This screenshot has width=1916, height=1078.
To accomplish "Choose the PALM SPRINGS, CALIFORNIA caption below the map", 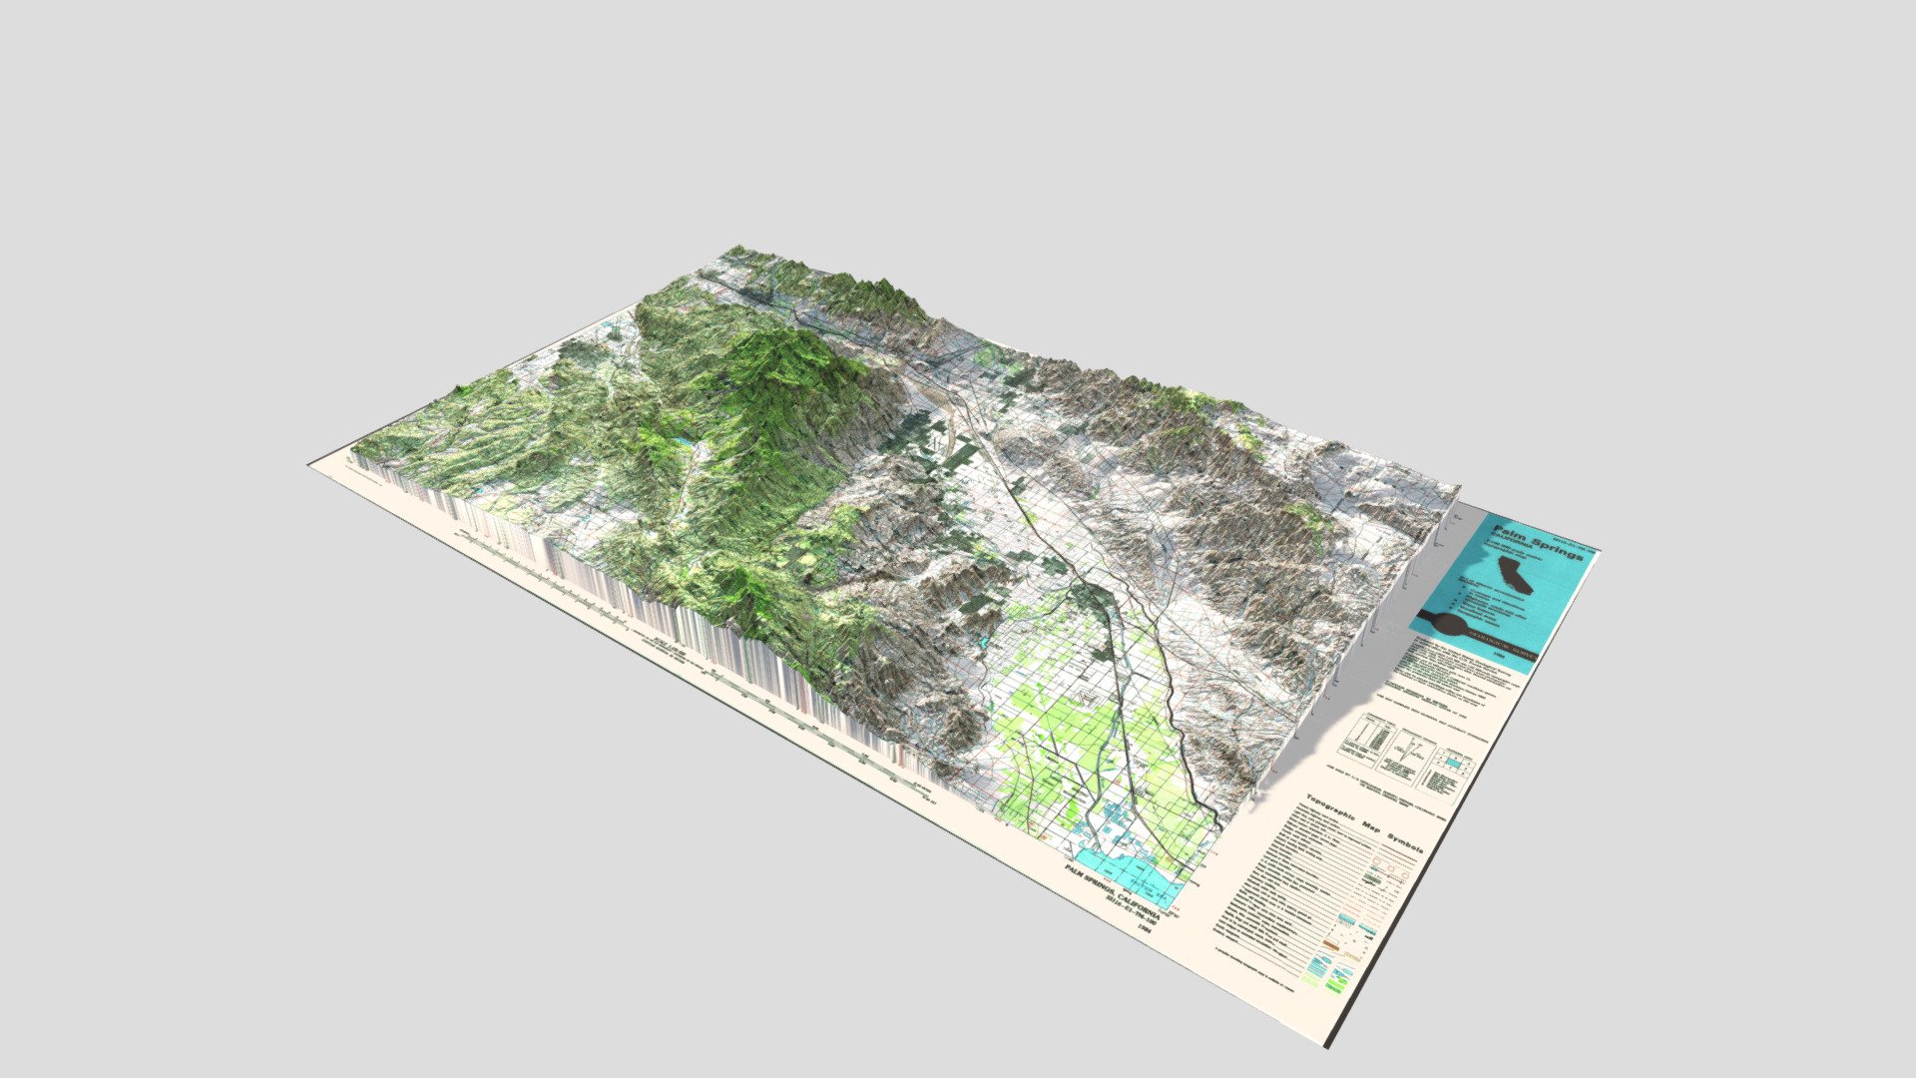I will coord(1110,891).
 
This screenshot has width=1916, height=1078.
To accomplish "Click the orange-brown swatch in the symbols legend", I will coord(1331,942).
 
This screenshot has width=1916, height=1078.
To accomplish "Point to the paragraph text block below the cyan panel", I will coord(1452,679).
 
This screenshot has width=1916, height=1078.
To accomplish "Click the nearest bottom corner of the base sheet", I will coord(1328,1046).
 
